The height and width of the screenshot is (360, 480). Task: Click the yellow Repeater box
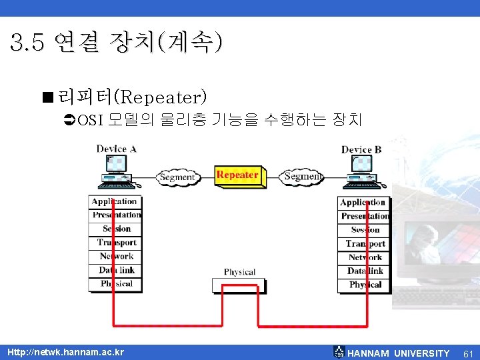[x=238, y=176]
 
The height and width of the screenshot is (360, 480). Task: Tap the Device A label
[x=116, y=149]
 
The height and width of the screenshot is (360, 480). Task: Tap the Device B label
[x=361, y=149]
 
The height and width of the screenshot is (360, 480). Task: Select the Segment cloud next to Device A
[x=177, y=177]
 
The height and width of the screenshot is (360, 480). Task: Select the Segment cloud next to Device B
[x=303, y=177]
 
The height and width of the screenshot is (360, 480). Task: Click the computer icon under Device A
[x=116, y=171]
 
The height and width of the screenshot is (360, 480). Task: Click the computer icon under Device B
[x=361, y=171]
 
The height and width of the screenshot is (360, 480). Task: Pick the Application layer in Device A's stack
[x=115, y=201]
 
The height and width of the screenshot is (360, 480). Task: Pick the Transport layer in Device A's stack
[x=116, y=243]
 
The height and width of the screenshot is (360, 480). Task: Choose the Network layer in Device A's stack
[x=116, y=257]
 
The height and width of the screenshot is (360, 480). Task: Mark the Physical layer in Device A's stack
[x=116, y=284]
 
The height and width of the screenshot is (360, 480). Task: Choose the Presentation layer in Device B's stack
[x=365, y=216]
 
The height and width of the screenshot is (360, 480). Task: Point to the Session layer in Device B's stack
[x=365, y=230]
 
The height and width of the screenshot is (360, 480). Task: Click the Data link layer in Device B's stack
[x=365, y=271]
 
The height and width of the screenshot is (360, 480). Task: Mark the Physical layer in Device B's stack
[x=365, y=285]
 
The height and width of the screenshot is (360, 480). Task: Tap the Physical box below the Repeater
[x=239, y=280]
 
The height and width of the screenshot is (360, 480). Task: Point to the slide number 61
[x=467, y=353]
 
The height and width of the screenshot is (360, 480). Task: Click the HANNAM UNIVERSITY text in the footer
[x=399, y=353]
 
